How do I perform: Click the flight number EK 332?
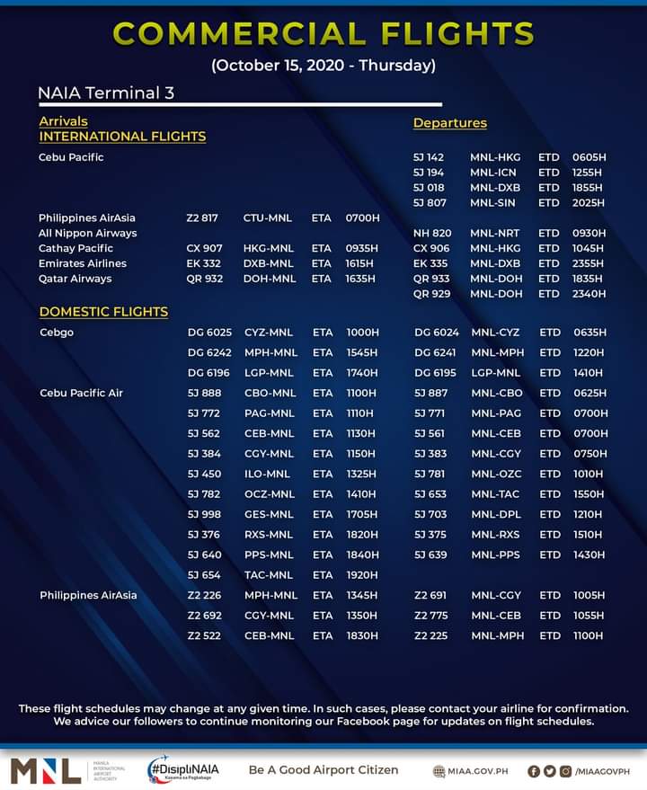pos(203,263)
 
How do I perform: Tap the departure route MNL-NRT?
pos(494,233)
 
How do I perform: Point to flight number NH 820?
pos(432,233)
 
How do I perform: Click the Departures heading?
pos(449,123)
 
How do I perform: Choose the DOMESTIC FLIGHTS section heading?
pos(103,312)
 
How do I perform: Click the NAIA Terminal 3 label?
pos(106,93)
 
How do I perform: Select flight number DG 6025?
pos(209,333)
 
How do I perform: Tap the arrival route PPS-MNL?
pos(269,555)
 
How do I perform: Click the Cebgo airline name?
pos(57,333)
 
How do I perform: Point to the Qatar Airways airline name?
pos(75,279)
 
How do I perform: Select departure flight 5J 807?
pos(429,203)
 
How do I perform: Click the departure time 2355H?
pos(589,263)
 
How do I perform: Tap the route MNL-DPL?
pos(496,515)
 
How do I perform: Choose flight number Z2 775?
pos(431,616)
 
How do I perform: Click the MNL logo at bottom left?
pos(44,770)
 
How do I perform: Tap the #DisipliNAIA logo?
pos(183,770)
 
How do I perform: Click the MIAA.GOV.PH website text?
pos(471,771)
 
